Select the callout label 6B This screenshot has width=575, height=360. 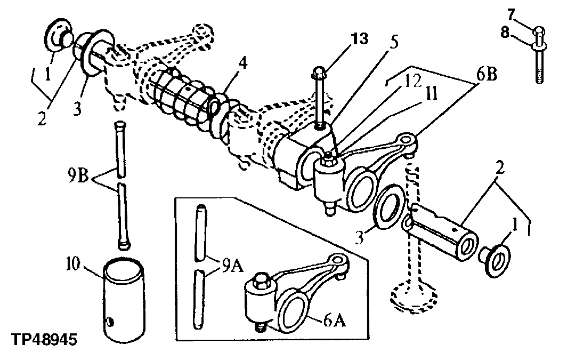[x=486, y=74]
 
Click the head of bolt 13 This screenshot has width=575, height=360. [x=318, y=71]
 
